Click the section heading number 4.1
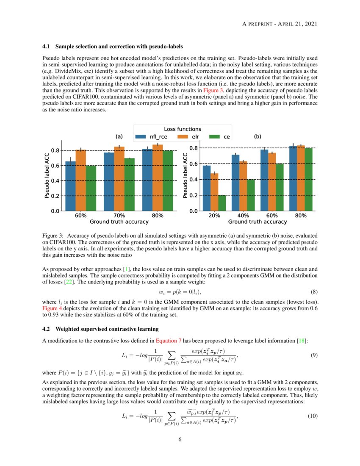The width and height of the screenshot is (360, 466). (x=47, y=46)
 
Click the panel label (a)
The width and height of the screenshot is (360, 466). (x=119, y=137)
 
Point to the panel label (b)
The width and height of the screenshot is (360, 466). (x=258, y=137)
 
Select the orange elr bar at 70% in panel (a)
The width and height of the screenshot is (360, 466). (x=119, y=178)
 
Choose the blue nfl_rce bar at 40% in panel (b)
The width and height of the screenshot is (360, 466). (x=235, y=183)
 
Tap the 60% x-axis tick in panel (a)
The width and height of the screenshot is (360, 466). (x=80, y=216)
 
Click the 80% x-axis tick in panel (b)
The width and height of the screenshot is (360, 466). (x=301, y=216)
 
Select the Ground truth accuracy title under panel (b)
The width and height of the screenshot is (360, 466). (x=258, y=222)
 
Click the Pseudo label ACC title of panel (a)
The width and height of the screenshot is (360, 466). (x=47, y=175)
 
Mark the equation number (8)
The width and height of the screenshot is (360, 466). (x=314, y=292)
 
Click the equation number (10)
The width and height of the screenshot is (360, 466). (x=312, y=416)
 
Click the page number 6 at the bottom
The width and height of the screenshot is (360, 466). (x=180, y=439)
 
